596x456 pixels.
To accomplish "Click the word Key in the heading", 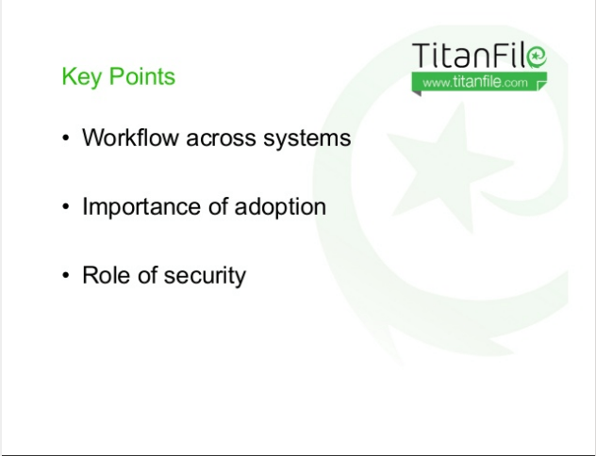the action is pos(82,77).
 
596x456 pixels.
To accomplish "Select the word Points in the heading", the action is pos(142,76).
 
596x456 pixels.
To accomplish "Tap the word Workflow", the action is pos(130,137).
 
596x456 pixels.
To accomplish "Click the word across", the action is pos(221,138).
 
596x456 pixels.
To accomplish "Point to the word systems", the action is pos(307,138).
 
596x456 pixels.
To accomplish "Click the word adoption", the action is pos(280,207).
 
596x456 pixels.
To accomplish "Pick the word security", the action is pos(205,276).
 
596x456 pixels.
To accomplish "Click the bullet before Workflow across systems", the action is pos(66,138).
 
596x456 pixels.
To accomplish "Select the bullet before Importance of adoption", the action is pos(66,206).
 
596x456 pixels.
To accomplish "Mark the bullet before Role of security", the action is pos(66,275).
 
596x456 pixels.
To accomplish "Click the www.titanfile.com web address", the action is pos(475,82).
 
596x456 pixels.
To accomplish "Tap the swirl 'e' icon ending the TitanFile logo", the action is pos(537,57).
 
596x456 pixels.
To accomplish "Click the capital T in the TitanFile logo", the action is pos(422,55).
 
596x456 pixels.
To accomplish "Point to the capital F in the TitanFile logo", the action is pos(504,55).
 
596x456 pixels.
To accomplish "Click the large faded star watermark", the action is pos(450,167).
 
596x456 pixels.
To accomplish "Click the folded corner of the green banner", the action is pos(541,86).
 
